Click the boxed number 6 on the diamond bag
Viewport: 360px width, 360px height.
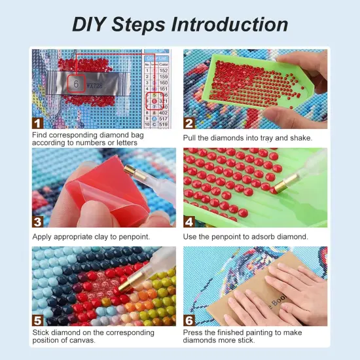[x=76, y=84]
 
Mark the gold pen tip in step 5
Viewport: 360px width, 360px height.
[x=137, y=268]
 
